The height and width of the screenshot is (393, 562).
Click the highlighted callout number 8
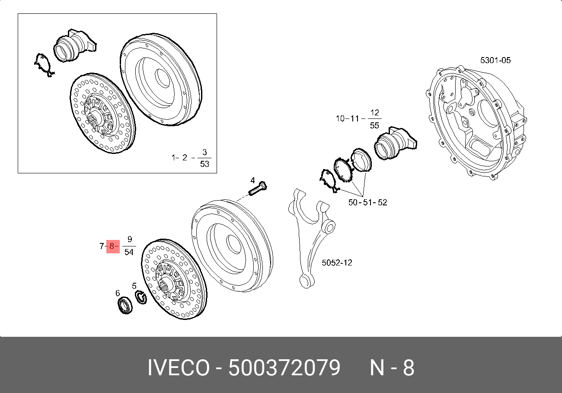pos(112,246)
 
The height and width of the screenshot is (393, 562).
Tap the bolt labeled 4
pos(258,189)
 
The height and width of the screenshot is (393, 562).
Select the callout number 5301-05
pos(495,61)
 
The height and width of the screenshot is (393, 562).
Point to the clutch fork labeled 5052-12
pos(311,238)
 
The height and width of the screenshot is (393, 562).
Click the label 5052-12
pos(337,263)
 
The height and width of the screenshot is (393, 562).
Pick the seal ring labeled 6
pos(125,305)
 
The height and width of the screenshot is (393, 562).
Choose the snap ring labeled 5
pos(141,297)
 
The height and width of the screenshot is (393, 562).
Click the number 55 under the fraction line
pos(374,125)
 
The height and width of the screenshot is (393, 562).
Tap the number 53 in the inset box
pos(204,164)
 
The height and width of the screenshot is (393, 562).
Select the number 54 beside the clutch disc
pos(129,252)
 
